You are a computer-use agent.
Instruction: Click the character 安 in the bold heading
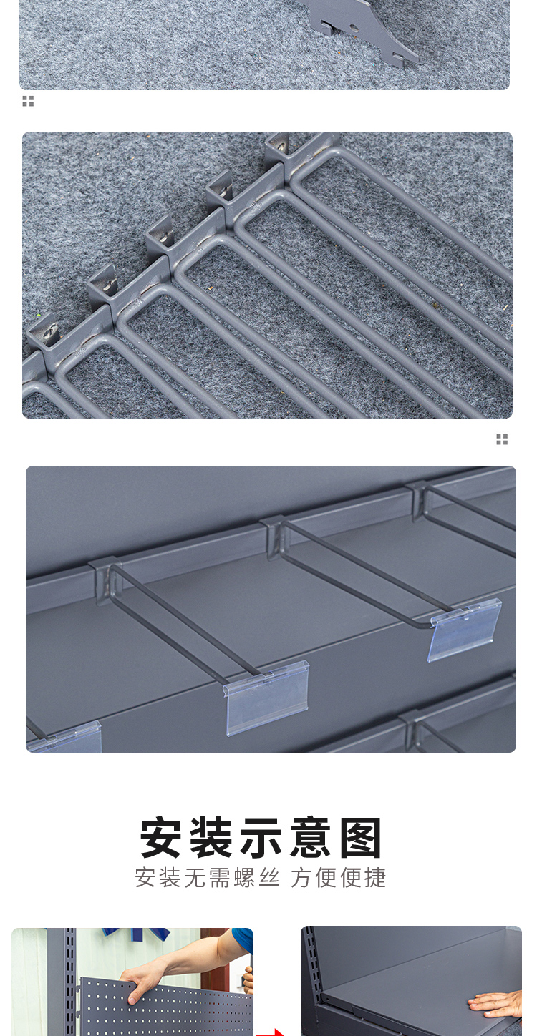(x=160, y=838)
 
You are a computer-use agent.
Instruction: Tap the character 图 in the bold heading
(x=361, y=838)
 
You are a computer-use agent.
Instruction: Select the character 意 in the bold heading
(x=311, y=838)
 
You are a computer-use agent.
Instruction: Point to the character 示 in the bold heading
(x=261, y=838)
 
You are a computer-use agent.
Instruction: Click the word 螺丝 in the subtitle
(x=257, y=877)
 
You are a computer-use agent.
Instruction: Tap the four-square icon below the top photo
(x=28, y=101)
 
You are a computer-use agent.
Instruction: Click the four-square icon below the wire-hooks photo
(x=502, y=439)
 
